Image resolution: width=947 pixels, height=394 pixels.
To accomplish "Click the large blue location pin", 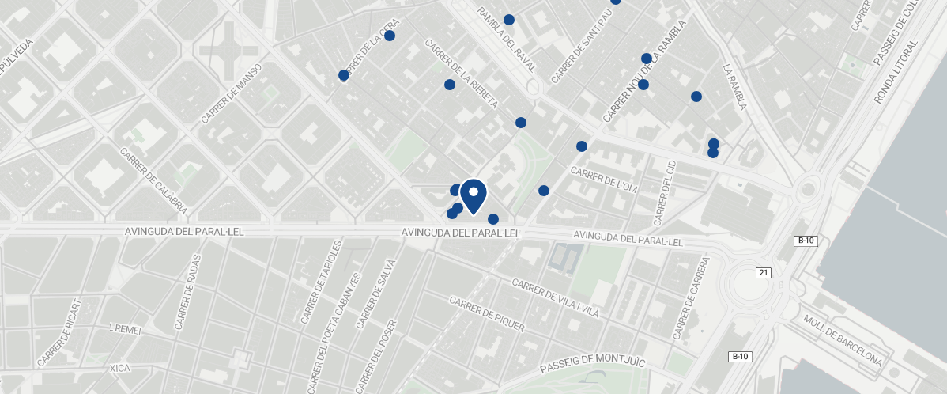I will pyautogui.click(x=473, y=195).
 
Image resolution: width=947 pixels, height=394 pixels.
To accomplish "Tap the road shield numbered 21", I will pyautogui.click(x=763, y=273).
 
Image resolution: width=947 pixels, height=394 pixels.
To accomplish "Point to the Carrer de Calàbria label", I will pyautogui.click(x=153, y=181).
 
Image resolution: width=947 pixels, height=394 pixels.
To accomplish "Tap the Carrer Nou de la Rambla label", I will pyautogui.click(x=646, y=72).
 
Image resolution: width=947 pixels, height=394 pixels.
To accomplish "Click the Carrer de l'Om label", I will pyautogui.click(x=603, y=180).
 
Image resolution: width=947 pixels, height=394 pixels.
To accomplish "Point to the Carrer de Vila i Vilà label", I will pyautogui.click(x=555, y=297).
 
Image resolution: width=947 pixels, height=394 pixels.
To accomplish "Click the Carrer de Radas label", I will pyautogui.click(x=185, y=292).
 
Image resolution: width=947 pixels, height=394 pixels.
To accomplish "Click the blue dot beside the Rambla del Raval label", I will pyautogui.click(x=509, y=20).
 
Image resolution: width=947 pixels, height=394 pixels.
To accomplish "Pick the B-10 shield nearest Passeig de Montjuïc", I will pyautogui.click(x=739, y=357).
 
